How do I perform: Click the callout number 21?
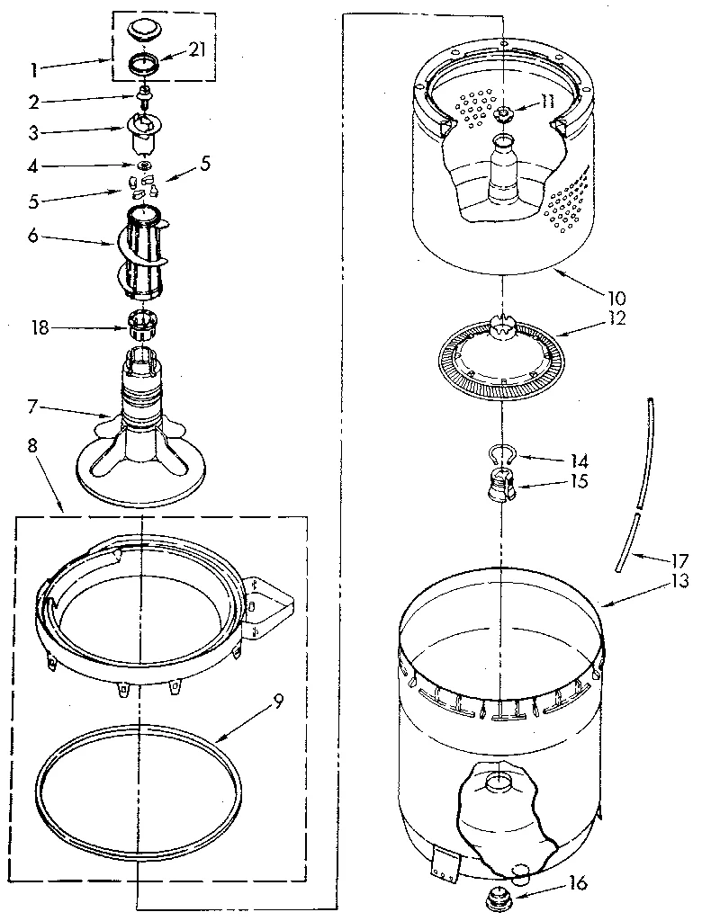click(197, 49)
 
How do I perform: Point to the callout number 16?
click(578, 885)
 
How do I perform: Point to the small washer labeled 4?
click(144, 166)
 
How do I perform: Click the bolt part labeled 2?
click(142, 94)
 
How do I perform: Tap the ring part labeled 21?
click(143, 65)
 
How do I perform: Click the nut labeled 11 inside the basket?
click(502, 113)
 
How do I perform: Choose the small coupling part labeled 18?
click(142, 324)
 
